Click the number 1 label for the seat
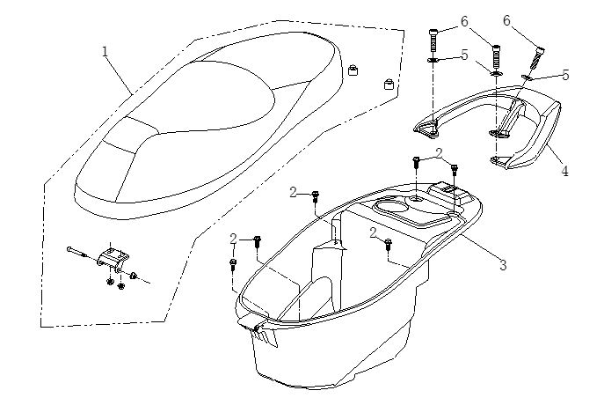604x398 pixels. point(106,51)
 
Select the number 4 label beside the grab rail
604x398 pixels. point(564,172)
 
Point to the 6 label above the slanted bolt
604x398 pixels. point(532,19)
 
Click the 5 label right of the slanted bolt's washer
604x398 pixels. point(566,75)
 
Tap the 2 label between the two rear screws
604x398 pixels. point(438,154)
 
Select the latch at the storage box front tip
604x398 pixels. point(260,331)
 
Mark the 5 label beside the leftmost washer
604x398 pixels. point(465,55)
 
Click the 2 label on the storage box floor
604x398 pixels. point(374,232)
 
